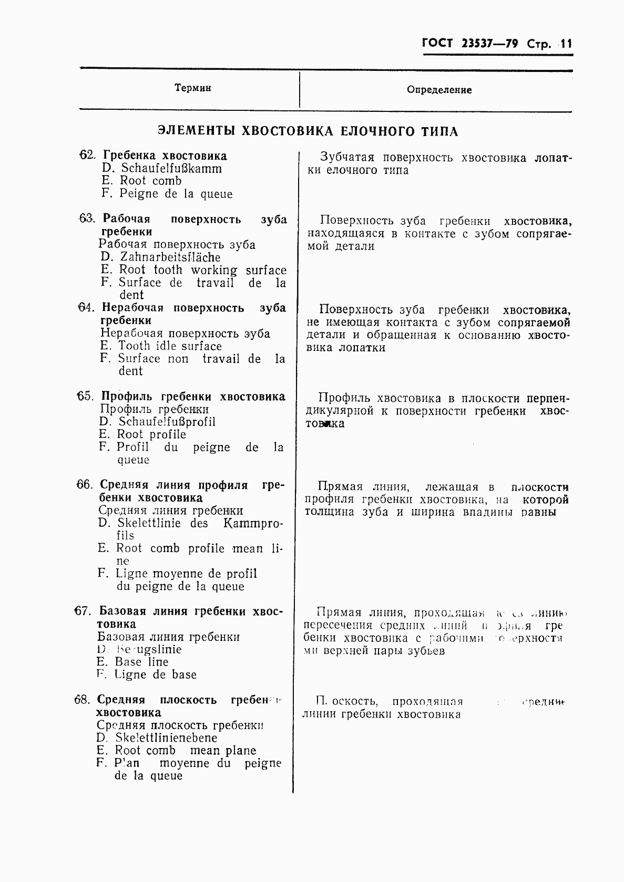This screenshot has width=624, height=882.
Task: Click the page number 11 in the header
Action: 565,44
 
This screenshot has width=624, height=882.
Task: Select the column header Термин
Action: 193,88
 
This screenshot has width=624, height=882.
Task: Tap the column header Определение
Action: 439,90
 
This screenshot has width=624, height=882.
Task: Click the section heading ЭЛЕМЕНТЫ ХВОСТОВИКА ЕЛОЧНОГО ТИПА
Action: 308,131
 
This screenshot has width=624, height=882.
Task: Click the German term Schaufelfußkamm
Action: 171,169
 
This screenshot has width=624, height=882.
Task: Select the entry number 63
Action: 86,219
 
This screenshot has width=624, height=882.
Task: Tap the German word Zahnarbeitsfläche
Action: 170,257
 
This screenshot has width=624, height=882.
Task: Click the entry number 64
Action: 85,307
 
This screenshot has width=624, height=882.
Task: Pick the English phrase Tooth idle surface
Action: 170,346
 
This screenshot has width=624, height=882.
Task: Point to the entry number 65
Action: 85,396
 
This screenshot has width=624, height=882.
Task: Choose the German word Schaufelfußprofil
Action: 167,422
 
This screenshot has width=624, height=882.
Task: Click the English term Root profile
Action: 151,434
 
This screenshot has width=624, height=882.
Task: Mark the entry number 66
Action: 84,485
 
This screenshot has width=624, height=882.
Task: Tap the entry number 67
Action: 83,611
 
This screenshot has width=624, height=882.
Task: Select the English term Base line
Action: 142,662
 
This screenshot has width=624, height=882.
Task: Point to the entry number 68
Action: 83,700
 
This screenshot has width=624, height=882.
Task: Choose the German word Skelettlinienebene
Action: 166,738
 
